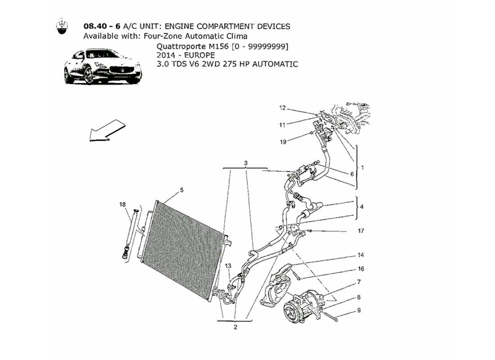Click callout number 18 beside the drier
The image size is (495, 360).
coord(122,205)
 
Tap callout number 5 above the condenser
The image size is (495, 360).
coord(182,190)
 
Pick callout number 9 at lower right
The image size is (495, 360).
coord(359,310)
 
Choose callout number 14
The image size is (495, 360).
coord(361,255)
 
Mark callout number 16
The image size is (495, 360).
coord(361,269)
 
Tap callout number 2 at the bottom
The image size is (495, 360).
coord(235,327)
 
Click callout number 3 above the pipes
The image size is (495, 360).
coord(246,162)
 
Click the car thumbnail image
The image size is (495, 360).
coord(103,67)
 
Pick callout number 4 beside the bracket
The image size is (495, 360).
coord(361,207)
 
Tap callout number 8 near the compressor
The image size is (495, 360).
coord(359,297)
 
